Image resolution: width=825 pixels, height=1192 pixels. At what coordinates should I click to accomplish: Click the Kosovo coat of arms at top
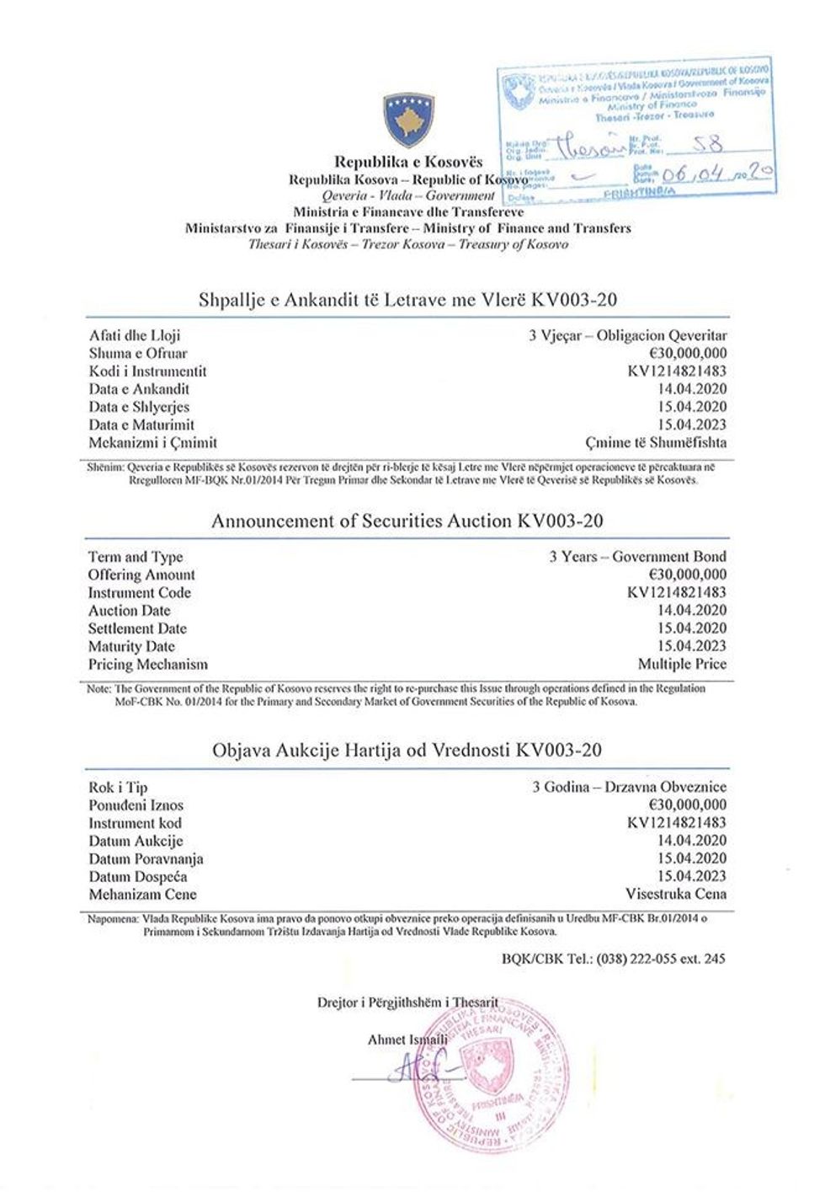[408, 120]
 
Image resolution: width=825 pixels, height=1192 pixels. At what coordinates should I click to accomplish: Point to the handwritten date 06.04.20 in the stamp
[716, 174]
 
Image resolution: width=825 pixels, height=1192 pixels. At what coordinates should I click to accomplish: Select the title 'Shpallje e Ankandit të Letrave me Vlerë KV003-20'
[409, 299]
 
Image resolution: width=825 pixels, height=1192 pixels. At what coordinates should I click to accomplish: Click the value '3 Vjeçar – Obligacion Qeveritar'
[627, 335]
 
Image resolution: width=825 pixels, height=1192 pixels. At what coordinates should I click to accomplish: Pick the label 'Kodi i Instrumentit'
[147, 371]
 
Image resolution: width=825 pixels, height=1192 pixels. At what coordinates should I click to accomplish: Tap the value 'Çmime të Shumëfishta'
[656, 442]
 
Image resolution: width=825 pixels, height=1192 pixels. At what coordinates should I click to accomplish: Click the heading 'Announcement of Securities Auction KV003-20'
[407, 521]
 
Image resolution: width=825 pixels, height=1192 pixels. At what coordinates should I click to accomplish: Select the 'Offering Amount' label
[141, 575]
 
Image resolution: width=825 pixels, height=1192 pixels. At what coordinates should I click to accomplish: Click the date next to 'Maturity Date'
[692, 646]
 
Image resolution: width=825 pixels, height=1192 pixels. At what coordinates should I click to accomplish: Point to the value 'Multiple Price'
[682, 664]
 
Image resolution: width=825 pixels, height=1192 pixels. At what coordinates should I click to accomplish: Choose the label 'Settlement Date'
[137, 628]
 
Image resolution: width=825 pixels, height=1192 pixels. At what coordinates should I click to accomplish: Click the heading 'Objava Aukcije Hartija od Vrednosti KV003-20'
[407, 750]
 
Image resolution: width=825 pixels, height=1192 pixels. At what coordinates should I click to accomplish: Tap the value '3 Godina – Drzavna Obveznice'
[629, 787]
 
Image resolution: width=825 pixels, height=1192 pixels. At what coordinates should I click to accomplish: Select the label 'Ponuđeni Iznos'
[136, 805]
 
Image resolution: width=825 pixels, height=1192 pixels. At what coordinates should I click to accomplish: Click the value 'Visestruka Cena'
[675, 894]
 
